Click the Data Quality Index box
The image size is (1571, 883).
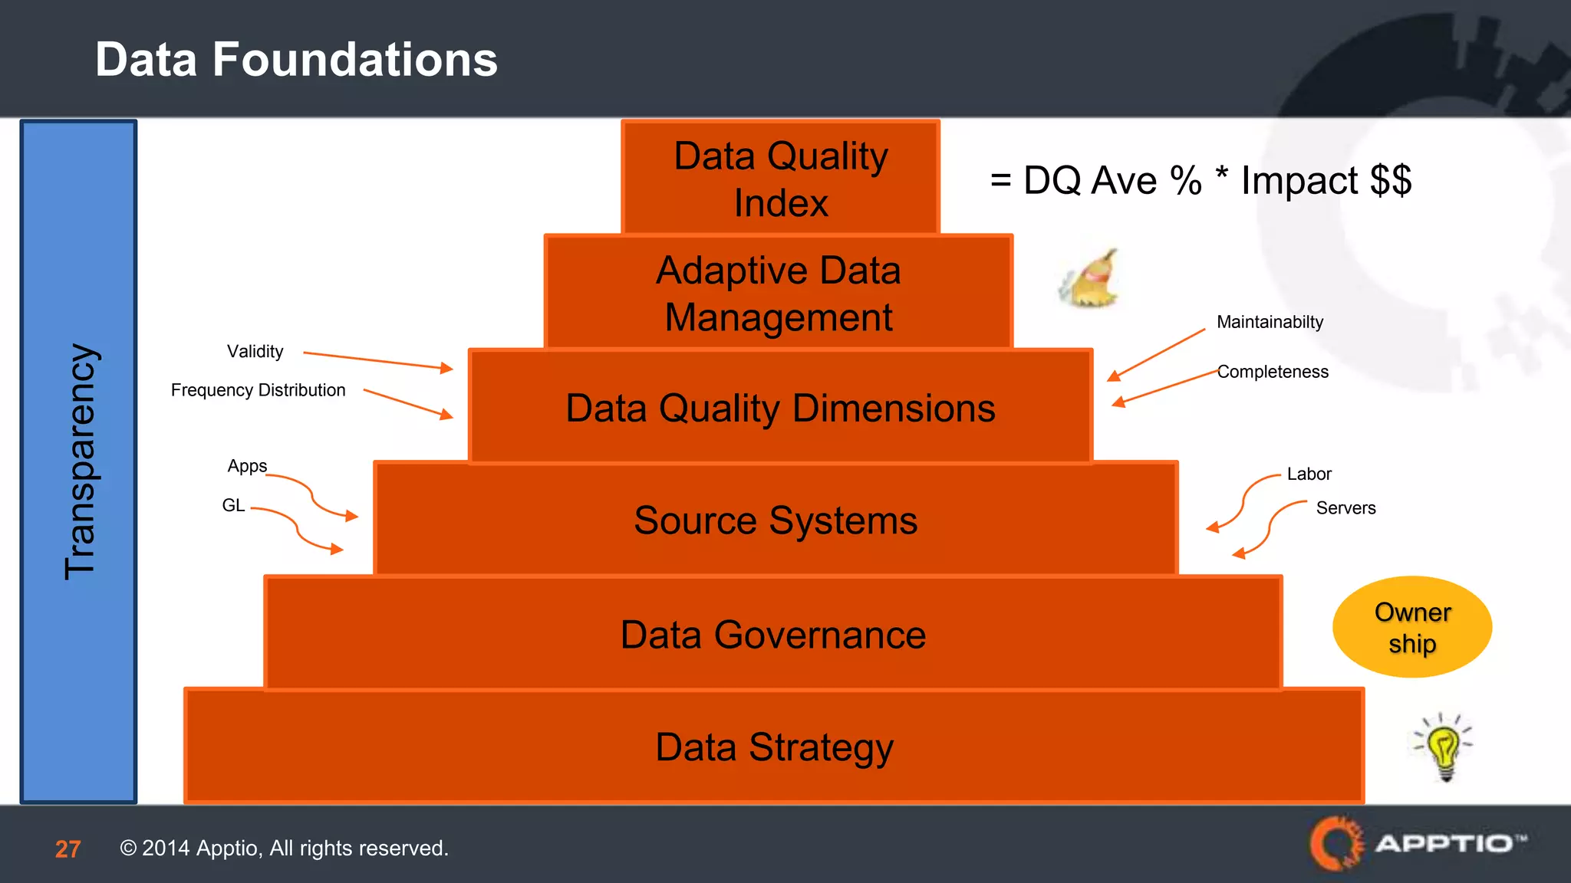coord(780,178)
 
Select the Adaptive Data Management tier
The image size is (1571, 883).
coord(779,293)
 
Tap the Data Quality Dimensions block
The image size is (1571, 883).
coord(780,407)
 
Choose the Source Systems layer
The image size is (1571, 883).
coord(776,520)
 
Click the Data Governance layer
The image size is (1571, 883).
coord(773,634)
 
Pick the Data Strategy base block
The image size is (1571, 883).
coord(774,747)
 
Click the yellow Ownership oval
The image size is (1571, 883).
coord(1412,627)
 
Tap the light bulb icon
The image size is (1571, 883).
coord(1444,747)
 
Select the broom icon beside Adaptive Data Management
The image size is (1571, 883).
coord(1089,280)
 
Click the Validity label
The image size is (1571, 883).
coord(255,352)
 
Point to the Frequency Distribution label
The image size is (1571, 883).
coord(258,390)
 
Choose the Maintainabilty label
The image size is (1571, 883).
coord(1270,322)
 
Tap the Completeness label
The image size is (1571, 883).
coord(1273,372)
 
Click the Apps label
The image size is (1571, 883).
coord(247,466)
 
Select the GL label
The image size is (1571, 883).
coord(233,505)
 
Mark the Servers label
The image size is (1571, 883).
coord(1345,508)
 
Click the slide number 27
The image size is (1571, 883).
coord(68,849)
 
